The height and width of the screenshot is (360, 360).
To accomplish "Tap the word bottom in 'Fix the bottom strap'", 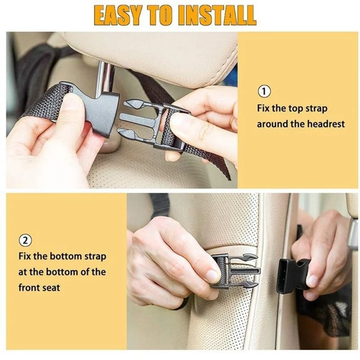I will [x=66, y=257].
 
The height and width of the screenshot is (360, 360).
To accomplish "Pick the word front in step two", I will [x=29, y=288].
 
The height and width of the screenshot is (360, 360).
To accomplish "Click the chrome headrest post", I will [x=104, y=77].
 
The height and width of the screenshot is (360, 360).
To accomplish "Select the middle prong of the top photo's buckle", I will [x=135, y=119].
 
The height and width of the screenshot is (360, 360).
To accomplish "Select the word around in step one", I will [x=270, y=124].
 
